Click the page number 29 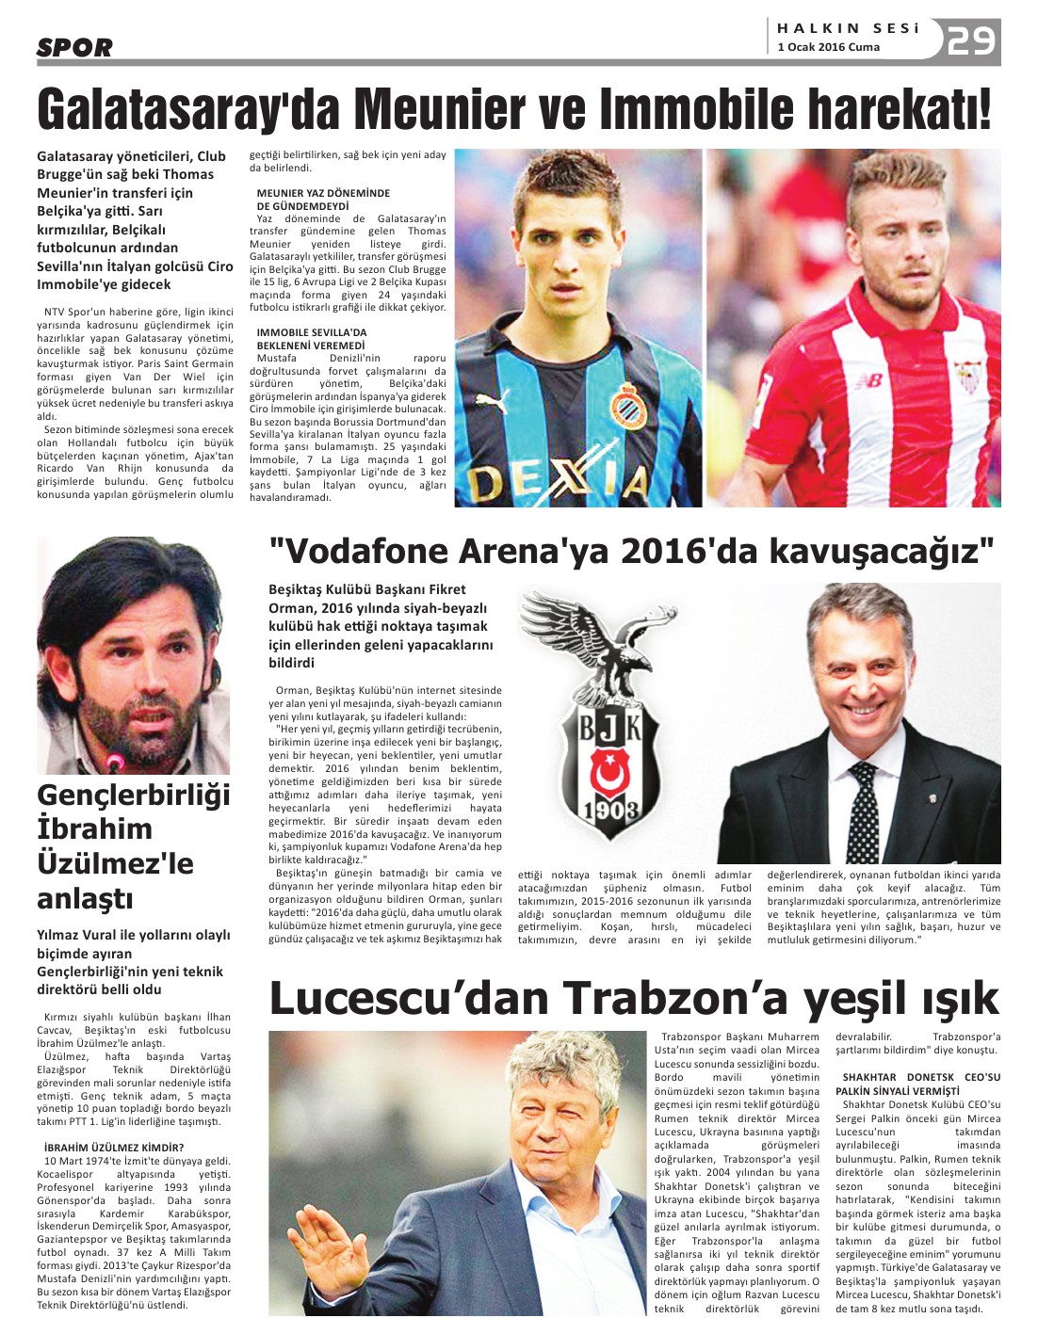coord(972,40)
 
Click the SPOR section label coord(74,47)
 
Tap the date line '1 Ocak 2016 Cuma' coord(829,47)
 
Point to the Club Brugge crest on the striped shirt coord(625,407)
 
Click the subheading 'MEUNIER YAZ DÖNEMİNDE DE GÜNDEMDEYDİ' coord(323,199)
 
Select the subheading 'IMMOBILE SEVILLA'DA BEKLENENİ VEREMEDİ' coord(313,338)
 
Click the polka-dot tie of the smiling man coord(864,805)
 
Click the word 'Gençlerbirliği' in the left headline coord(134,796)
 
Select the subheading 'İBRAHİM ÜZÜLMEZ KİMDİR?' coord(114,1147)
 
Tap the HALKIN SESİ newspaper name coord(848,28)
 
